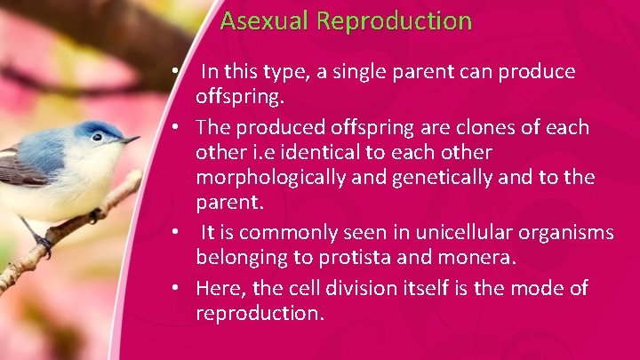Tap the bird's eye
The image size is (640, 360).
click(x=96, y=137)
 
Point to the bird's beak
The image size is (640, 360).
click(x=130, y=140)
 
